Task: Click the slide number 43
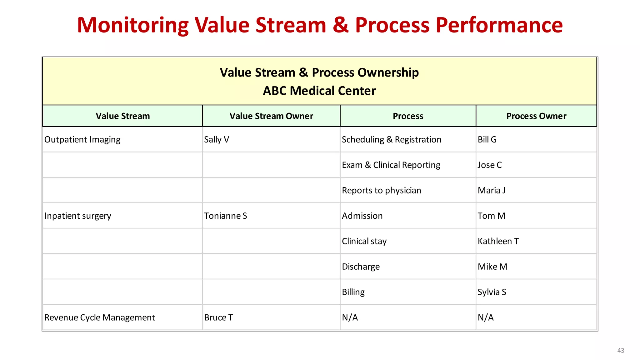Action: click(620, 350)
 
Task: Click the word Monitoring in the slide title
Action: click(133, 25)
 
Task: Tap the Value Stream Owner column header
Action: click(271, 116)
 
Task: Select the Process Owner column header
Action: click(536, 116)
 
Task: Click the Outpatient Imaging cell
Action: click(82, 140)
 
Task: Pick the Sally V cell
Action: click(217, 140)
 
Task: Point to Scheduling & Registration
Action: click(391, 140)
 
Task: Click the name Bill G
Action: click(487, 140)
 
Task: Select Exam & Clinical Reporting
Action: click(391, 165)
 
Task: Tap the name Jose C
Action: click(489, 165)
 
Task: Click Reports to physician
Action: click(381, 190)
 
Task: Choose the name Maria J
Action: click(491, 190)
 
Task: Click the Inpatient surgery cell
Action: click(77, 216)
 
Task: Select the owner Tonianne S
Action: click(225, 216)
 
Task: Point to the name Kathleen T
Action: click(498, 241)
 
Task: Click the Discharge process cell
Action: click(361, 267)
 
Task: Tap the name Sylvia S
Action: click(492, 292)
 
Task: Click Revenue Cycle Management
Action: click(99, 317)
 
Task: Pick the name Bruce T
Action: click(218, 317)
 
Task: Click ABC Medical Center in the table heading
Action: click(319, 91)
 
